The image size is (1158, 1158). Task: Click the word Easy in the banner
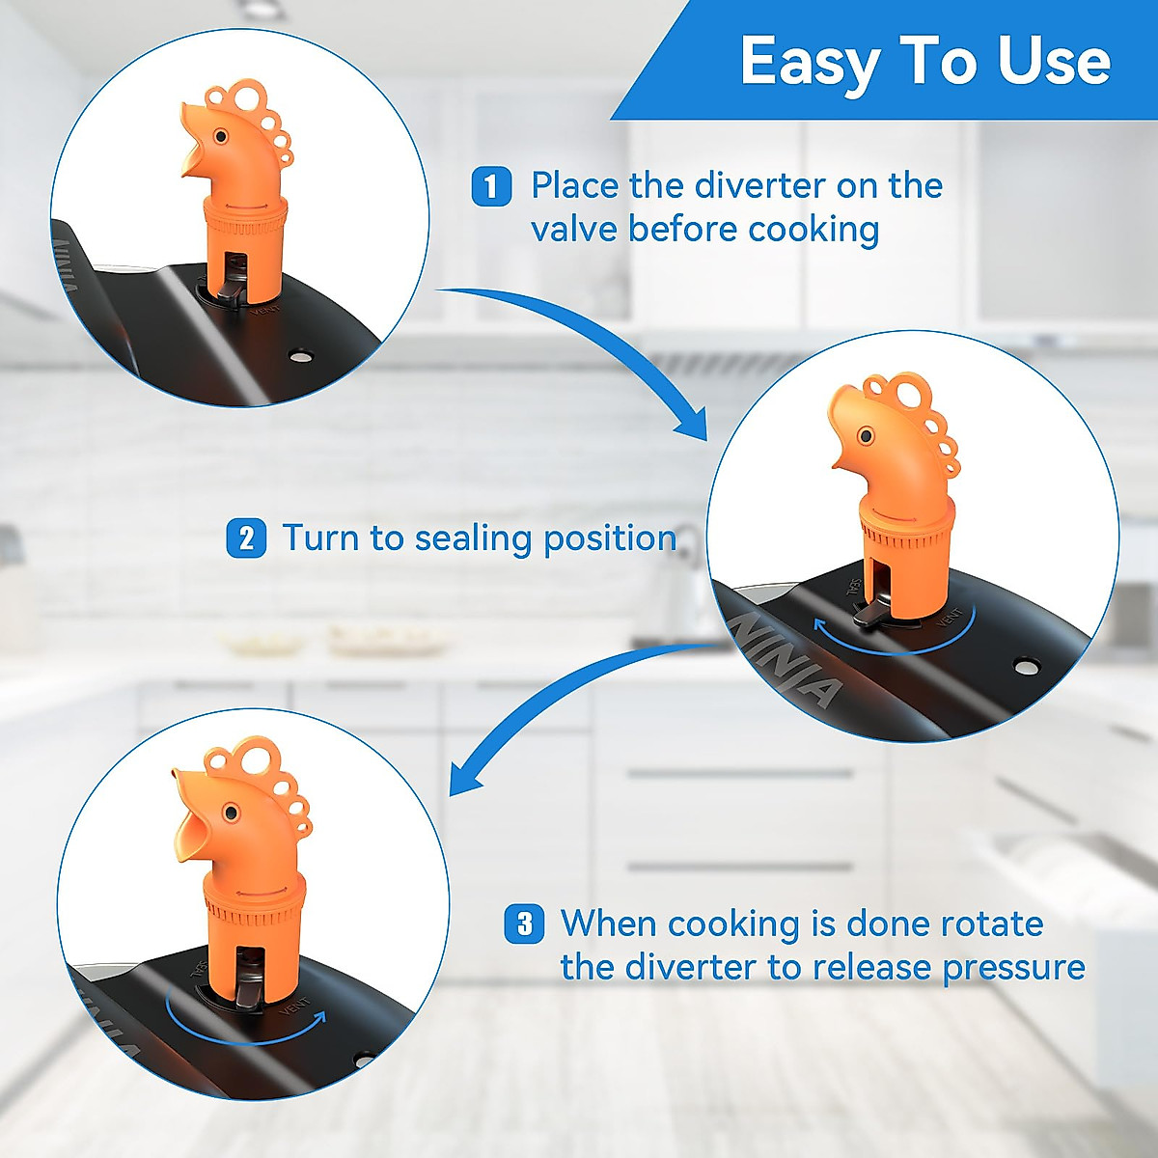point(809,63)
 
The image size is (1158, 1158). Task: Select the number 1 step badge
point(491,185)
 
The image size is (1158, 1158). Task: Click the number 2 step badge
point(246,538)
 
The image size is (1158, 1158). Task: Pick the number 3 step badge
point(524,924)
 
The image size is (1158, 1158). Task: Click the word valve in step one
point(575,230)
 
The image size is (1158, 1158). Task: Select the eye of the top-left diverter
point(221,137)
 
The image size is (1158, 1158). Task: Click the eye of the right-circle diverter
point(866,436)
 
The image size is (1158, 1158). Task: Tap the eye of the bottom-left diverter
point(231,814)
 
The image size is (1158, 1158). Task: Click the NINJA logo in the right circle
point(786,661)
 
